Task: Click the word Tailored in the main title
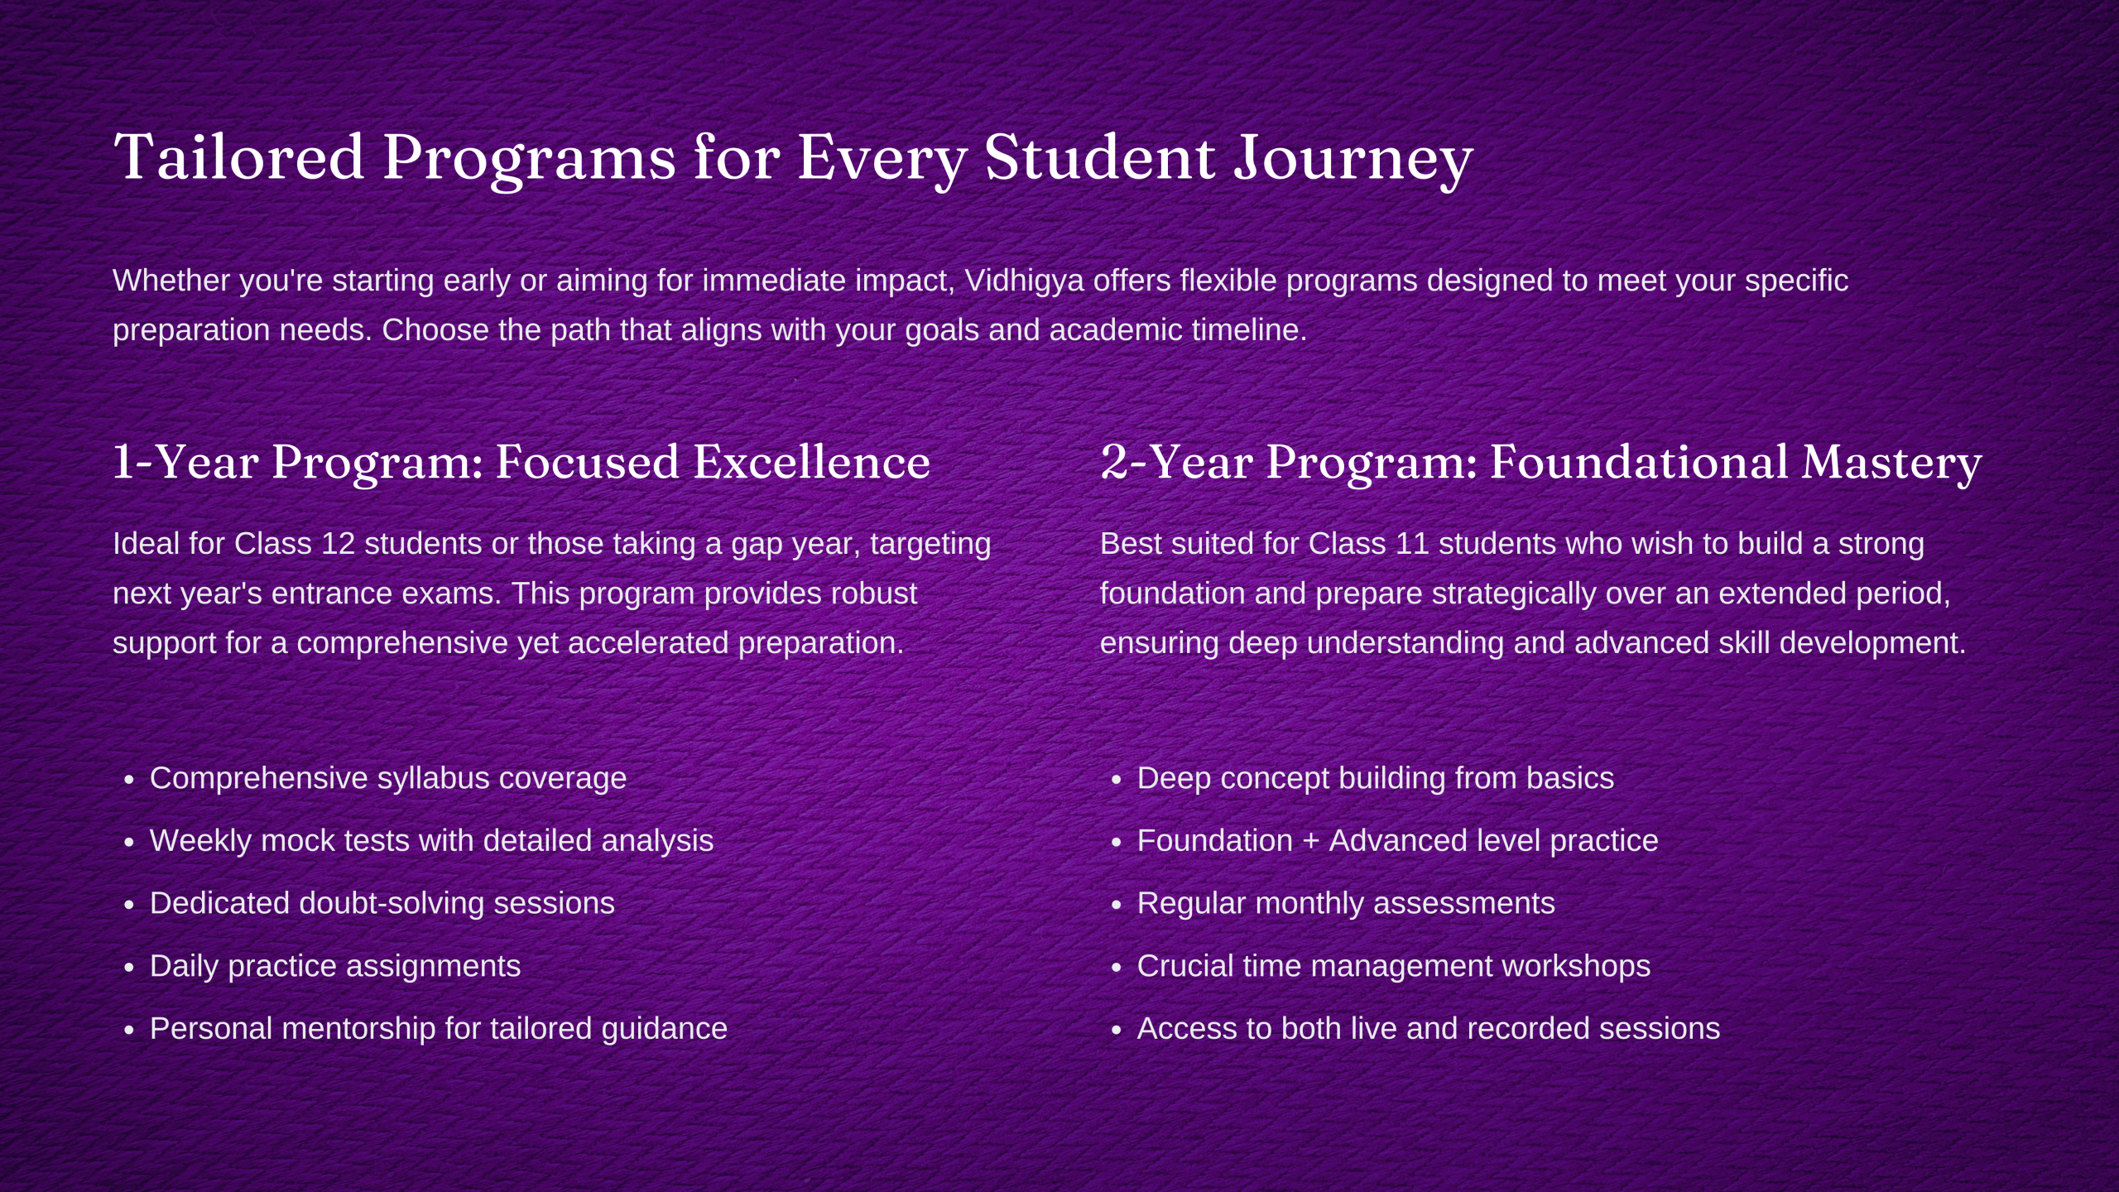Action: pos(238,156)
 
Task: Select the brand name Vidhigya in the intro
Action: pos(1025,281)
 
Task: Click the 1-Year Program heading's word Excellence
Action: pos(812,462)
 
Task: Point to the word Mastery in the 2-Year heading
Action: pos(1891,464)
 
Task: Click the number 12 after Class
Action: pos(339,544)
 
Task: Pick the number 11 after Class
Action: pos(1412,544)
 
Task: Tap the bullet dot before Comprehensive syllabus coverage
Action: pos(128,780)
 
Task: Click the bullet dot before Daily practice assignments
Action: pos(128,968)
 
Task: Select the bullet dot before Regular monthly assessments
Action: pos(1116,905)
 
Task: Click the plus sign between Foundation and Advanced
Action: pos(1311,842)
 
